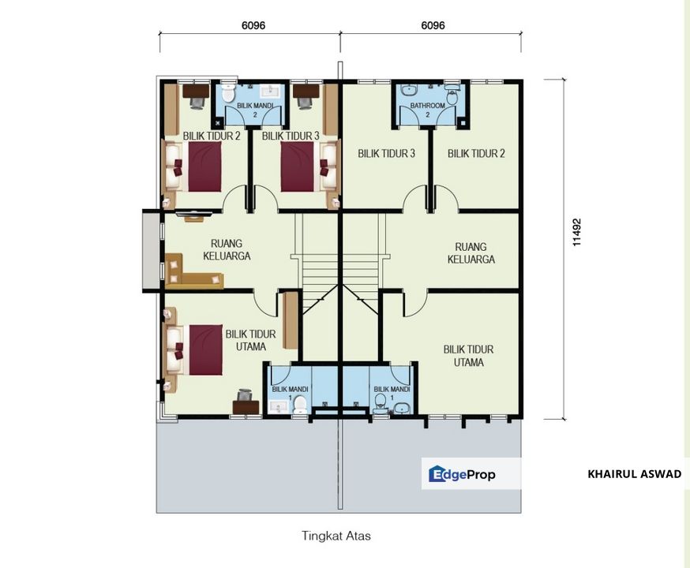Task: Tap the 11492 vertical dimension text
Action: tap(577, 233)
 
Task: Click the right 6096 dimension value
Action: tap(433, 24)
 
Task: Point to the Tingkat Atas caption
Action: tap(336, 535)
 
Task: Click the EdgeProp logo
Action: tap(463, 474)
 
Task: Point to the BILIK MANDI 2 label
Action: tap(254, 109)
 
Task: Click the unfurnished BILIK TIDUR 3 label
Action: tap(386, 154)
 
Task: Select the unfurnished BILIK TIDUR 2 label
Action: tap(476, 154)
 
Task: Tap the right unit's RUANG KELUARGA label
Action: tap(471, 252)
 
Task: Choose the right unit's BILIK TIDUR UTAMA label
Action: tap(468, 356)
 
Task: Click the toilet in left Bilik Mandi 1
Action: tap(300, 404)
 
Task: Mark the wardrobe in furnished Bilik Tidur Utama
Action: tap(290, 319)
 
